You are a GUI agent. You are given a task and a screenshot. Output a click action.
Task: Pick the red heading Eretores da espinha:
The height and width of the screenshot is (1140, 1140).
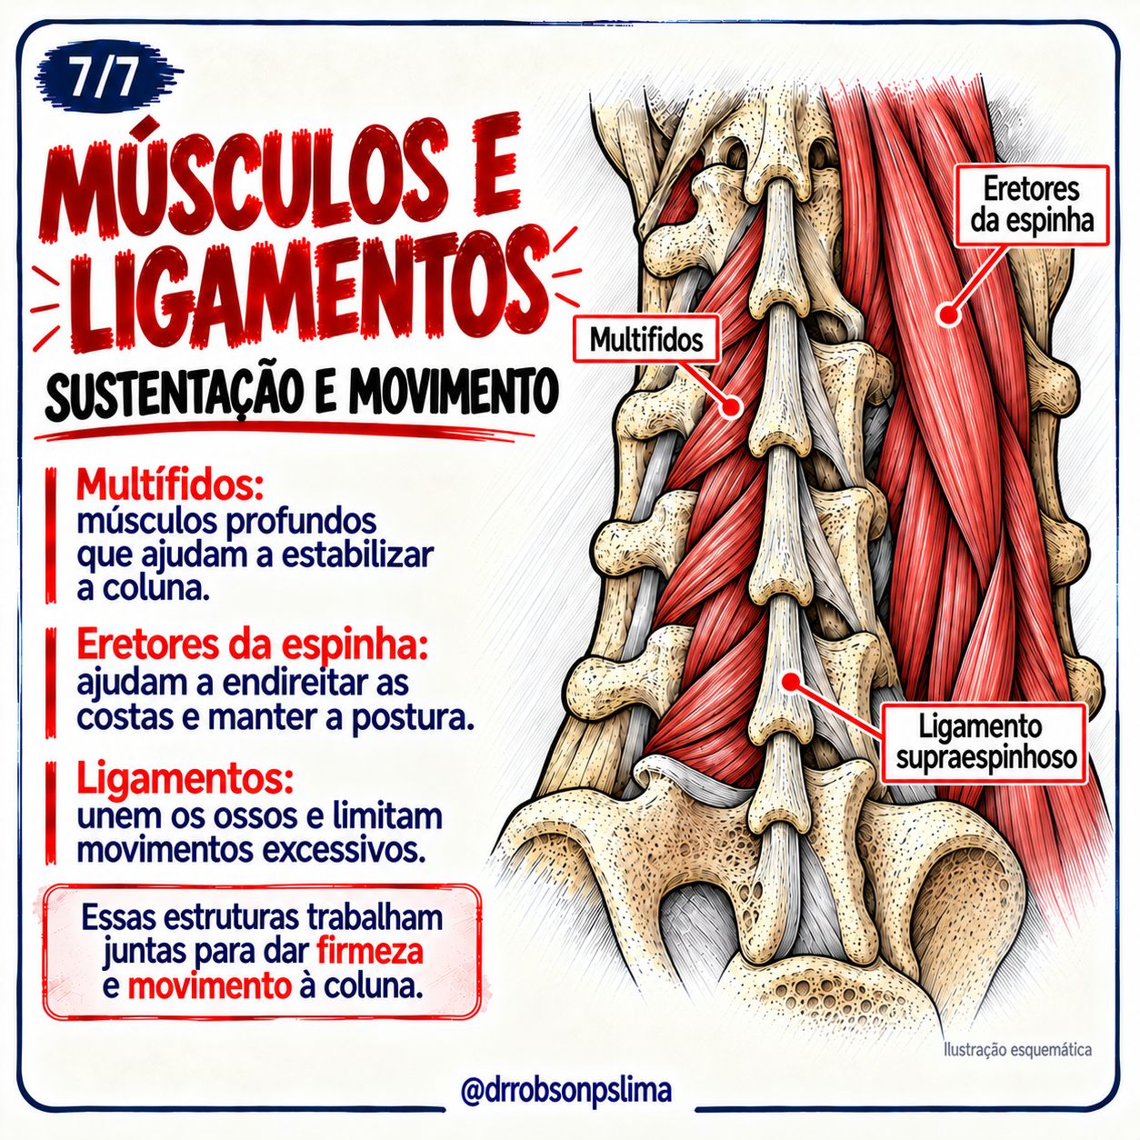(252, 646)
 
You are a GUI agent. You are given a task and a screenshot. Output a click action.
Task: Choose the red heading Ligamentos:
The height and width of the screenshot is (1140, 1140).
(185, 781)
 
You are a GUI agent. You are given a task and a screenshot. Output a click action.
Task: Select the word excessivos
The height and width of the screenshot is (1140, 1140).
(344, 851)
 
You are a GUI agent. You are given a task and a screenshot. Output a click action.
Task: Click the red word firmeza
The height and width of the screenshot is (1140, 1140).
(370, 951)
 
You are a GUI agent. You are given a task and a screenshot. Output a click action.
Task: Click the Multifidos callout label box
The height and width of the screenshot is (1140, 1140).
(646, 340)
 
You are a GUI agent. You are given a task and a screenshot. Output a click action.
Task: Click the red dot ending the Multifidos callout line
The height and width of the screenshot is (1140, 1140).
(733, 406)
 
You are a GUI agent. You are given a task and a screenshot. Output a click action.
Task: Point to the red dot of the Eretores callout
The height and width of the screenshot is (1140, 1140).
(949, 314)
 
